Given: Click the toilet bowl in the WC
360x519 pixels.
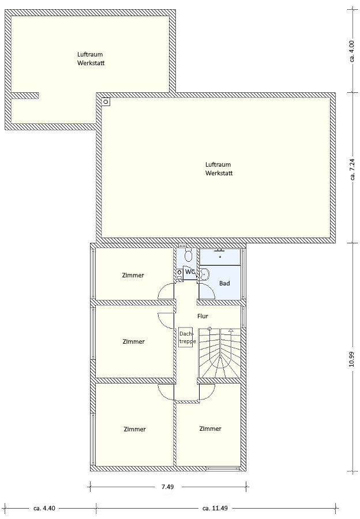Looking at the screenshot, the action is (189, 255).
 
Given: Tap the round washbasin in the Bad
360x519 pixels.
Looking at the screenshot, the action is (204, 274).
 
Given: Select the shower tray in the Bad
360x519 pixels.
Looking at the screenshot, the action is (220, 257).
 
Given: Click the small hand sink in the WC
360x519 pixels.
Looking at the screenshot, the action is (179, 273).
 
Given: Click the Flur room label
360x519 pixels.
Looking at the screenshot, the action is (202, 316).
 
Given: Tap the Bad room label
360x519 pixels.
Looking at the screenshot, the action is (224, 283).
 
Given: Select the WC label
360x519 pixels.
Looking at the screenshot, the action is (190, 272).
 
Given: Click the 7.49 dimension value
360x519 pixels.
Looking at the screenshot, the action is (167, 487).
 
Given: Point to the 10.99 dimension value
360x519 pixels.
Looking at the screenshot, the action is (352, 359).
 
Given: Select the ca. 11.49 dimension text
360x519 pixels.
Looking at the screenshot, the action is (215, 508).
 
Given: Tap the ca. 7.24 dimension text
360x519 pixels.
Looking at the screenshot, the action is (352, 170).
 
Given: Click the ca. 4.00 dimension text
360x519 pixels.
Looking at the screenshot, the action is (352, 51).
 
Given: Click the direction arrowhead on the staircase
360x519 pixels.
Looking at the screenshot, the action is (231, 330).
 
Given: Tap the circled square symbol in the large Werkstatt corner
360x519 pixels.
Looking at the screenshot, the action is (106, 101).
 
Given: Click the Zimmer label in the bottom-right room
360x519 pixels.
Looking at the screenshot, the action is (211, 428).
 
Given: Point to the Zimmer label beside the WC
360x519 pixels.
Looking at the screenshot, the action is (133, 275).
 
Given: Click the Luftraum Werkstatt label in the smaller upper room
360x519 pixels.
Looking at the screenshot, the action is (91, 59).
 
